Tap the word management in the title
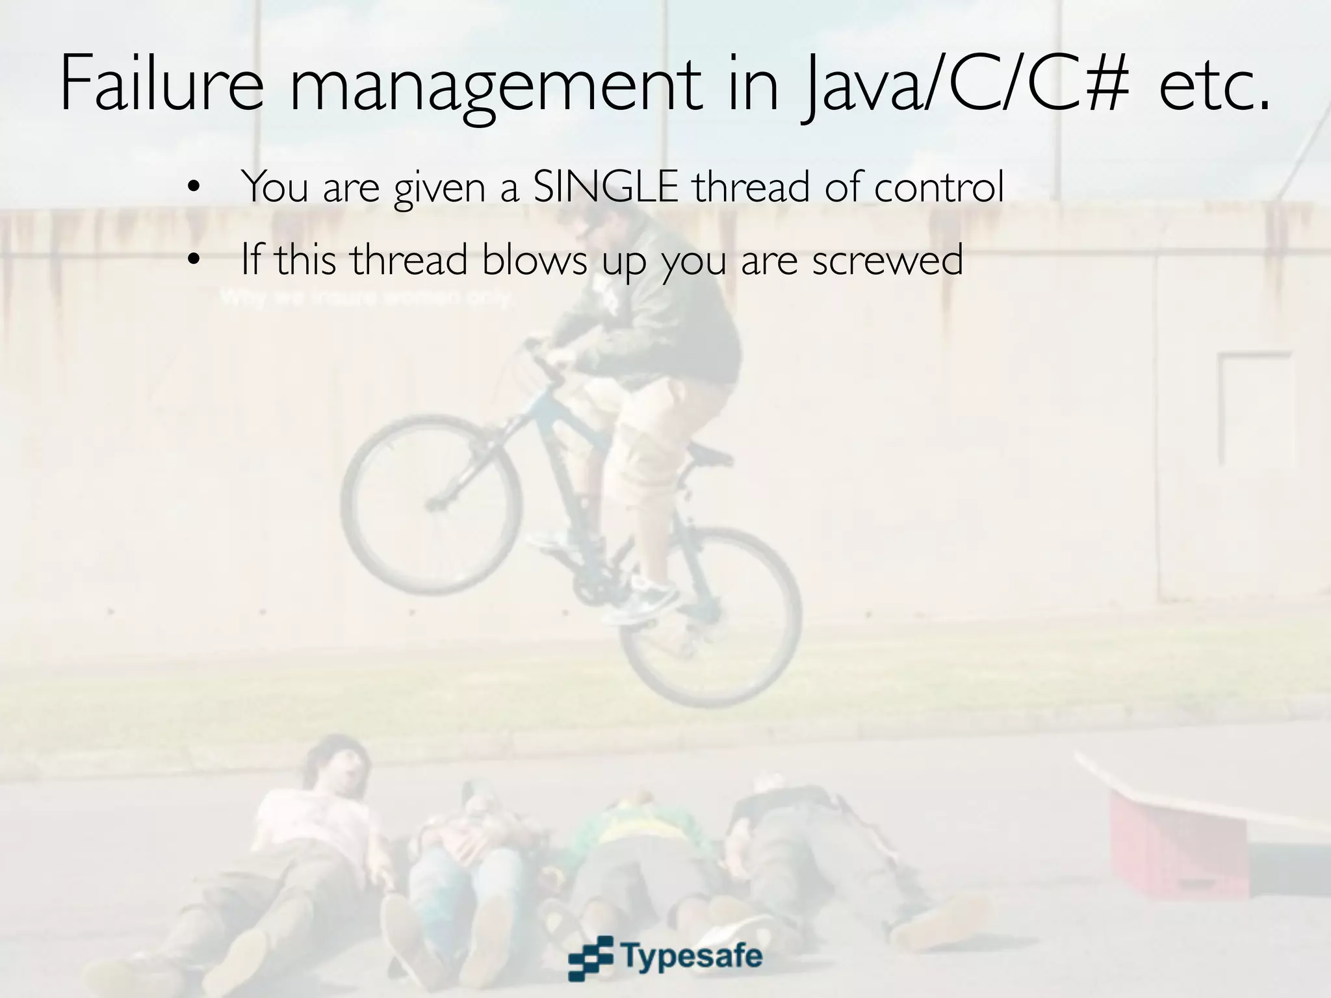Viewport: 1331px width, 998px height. [494, 88]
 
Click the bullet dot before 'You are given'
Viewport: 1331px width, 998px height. [192, 189]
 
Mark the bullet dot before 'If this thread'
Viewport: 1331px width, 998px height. [192, 261]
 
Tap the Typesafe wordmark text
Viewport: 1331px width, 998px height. [692, 956]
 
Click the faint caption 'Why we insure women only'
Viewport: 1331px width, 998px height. [367, 298]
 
